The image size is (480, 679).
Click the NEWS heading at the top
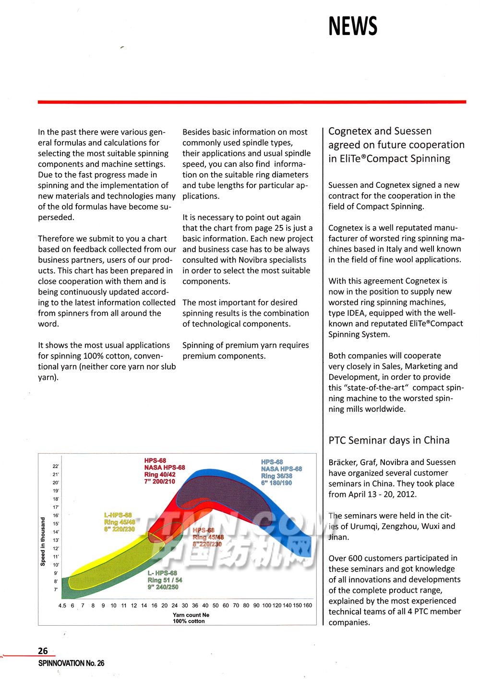(x=353, y=26)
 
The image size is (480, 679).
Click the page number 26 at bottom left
(x=43, y=651)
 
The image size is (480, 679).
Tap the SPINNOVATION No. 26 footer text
(x=71, y=663)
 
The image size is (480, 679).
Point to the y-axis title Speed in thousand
(x=43, y=541)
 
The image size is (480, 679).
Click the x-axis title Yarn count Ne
(x=191, y=615)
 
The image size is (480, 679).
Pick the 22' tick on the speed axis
(x=56, y=466)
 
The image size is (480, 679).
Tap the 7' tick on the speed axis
(x=56, y=589)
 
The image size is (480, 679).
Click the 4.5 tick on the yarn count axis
(x=62, y=605)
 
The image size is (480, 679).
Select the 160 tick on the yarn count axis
(x=308, y=605)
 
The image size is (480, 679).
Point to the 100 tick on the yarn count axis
(x=266, y=605)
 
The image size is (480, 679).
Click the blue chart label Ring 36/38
(x=276, y=476)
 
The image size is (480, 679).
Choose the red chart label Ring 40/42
(x=160, y=474)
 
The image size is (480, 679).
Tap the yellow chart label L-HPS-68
(x=118, y=515)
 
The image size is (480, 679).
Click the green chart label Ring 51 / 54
(x=165, y=580)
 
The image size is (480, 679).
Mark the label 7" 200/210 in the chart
(x=160, y=481)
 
